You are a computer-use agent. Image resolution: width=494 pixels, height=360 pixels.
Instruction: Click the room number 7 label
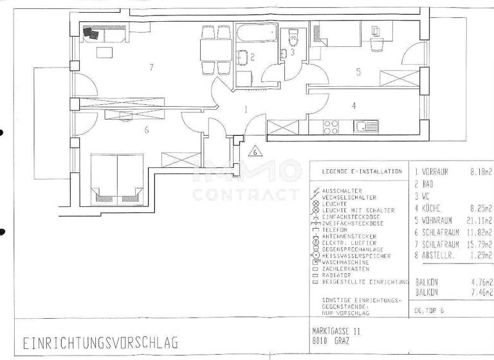coord(151,67)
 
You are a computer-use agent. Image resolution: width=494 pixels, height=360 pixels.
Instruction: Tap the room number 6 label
coord(147,130)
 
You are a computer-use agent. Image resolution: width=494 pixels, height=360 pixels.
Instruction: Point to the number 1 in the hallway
coord(246,110)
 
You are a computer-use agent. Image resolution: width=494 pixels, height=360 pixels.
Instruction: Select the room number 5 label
coord(358,72)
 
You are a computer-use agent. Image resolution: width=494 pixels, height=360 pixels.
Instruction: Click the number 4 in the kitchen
coord(352,104)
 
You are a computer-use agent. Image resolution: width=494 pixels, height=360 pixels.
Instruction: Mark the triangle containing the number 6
coord(255,152)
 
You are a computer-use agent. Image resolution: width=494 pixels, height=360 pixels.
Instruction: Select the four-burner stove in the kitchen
coord(331,127)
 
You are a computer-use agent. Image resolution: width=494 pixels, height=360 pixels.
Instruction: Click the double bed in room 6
coord(117,174)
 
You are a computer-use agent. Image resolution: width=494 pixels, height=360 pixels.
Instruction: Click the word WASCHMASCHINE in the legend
coord(345,262)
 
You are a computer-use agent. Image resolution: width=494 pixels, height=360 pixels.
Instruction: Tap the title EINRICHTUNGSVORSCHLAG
coord(100,342)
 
